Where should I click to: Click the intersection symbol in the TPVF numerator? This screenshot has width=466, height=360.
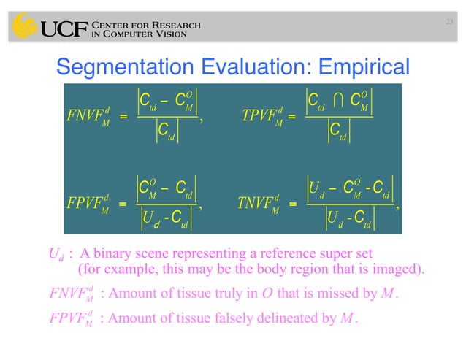click(339, 98)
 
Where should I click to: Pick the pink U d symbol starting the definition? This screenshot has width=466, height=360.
click(53, 255)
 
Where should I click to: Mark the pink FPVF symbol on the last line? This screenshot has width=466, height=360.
click(72, 319)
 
